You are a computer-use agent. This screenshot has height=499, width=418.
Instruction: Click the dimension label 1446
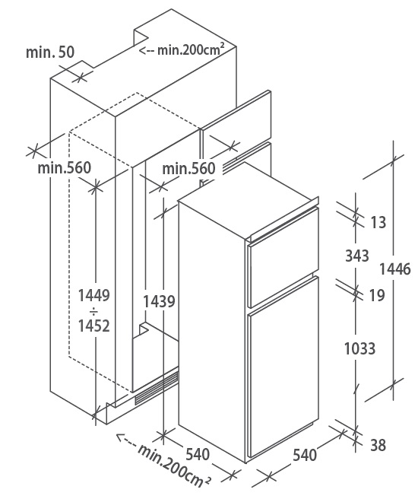pos(394,269)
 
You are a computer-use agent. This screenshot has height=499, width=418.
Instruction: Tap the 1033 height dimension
pos(359,348)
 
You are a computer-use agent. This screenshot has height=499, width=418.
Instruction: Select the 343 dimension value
pos(357,256)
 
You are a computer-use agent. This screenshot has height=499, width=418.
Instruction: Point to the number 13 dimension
pos(378,222)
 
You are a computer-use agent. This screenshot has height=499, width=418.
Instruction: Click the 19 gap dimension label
pos(377,295)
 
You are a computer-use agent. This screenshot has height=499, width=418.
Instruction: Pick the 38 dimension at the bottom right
pos(378,445)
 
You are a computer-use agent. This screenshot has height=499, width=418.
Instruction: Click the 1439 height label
pos(159,301)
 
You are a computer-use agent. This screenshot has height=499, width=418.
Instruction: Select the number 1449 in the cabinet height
pos(94,295)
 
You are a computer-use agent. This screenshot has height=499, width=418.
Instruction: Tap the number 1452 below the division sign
pos(94,326)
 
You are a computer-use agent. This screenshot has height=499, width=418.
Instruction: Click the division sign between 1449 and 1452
pos(94,310)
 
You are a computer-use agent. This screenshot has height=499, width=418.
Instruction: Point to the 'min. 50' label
pos(50,52)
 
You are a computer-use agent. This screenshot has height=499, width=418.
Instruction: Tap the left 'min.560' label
pos(64,167)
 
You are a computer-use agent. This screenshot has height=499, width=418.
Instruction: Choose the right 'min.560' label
pos(188,168)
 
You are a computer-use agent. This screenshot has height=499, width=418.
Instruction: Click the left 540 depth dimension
pos(198,454)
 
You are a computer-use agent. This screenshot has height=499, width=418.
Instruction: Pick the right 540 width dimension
pos(305,455)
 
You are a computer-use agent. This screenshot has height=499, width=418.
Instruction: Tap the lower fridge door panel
pos(283,367)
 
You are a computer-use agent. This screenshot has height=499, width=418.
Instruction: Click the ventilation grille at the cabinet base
pos(157,388)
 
